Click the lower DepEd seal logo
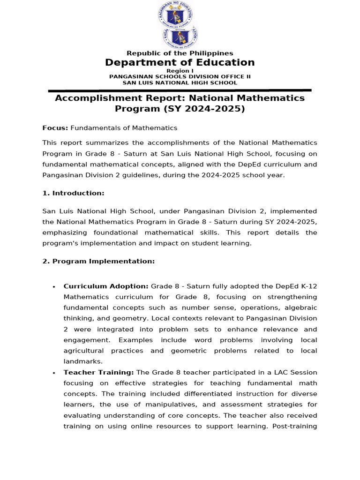click(x=180, y=37)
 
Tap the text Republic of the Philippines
click(x=180, y=53)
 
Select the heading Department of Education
click(x=180, y=63)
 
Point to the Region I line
click(x=180, y=71)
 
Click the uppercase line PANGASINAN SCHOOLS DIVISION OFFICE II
click(x=180, y=76)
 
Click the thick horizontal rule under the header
click(x=180, y=90)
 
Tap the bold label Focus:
click(x=55, y=128)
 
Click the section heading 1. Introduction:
click(x=73, y=193)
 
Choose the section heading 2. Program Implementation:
click(x=98, y=261)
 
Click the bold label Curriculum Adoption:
click(x=106, y=286)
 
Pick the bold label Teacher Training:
click(x=99, y=373)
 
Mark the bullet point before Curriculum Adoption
click(x=54, y=287)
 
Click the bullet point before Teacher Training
click(x=54, y=373)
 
